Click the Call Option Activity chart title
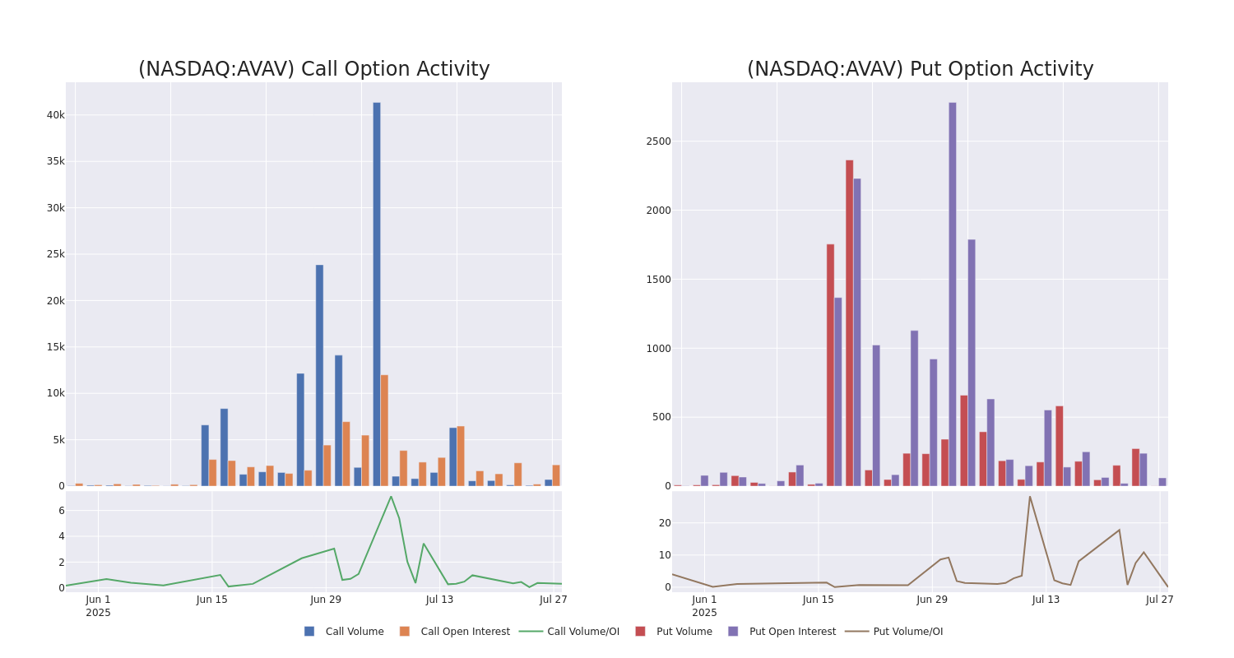[313, 69]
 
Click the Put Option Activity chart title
[920, 69]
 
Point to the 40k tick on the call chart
[55, 115]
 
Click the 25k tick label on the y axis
[55, 254]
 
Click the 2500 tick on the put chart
[658, 141]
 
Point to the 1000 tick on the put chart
[658, 349]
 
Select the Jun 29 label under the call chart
[326, 600]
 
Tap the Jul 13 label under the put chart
[1046, 600]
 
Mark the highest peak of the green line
[391, 496]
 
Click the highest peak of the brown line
[1029, 496]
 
